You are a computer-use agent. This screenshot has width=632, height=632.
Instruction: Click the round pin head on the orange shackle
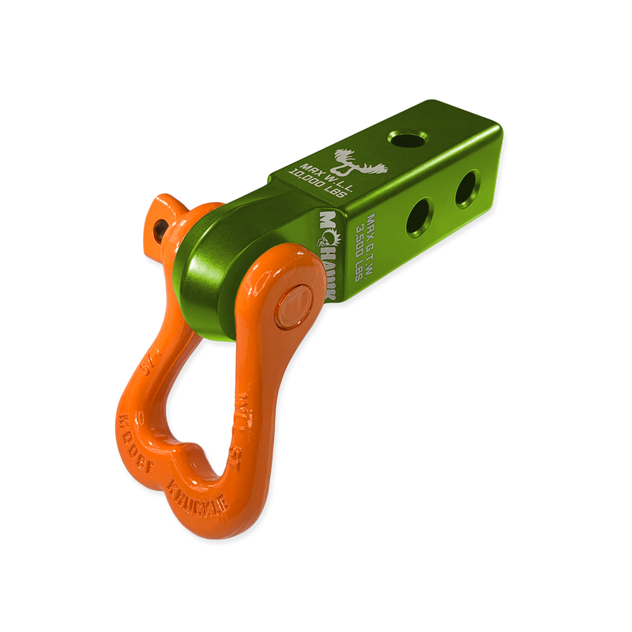point(293,303)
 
